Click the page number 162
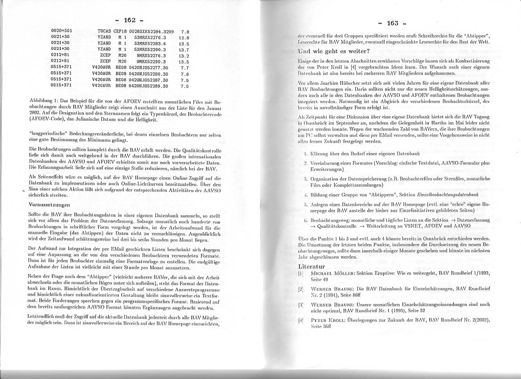[x=130, y=20]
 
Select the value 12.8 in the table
[x=184, y=38]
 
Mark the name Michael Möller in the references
[x=327, y=273]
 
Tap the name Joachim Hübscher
[x=340, y=83]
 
